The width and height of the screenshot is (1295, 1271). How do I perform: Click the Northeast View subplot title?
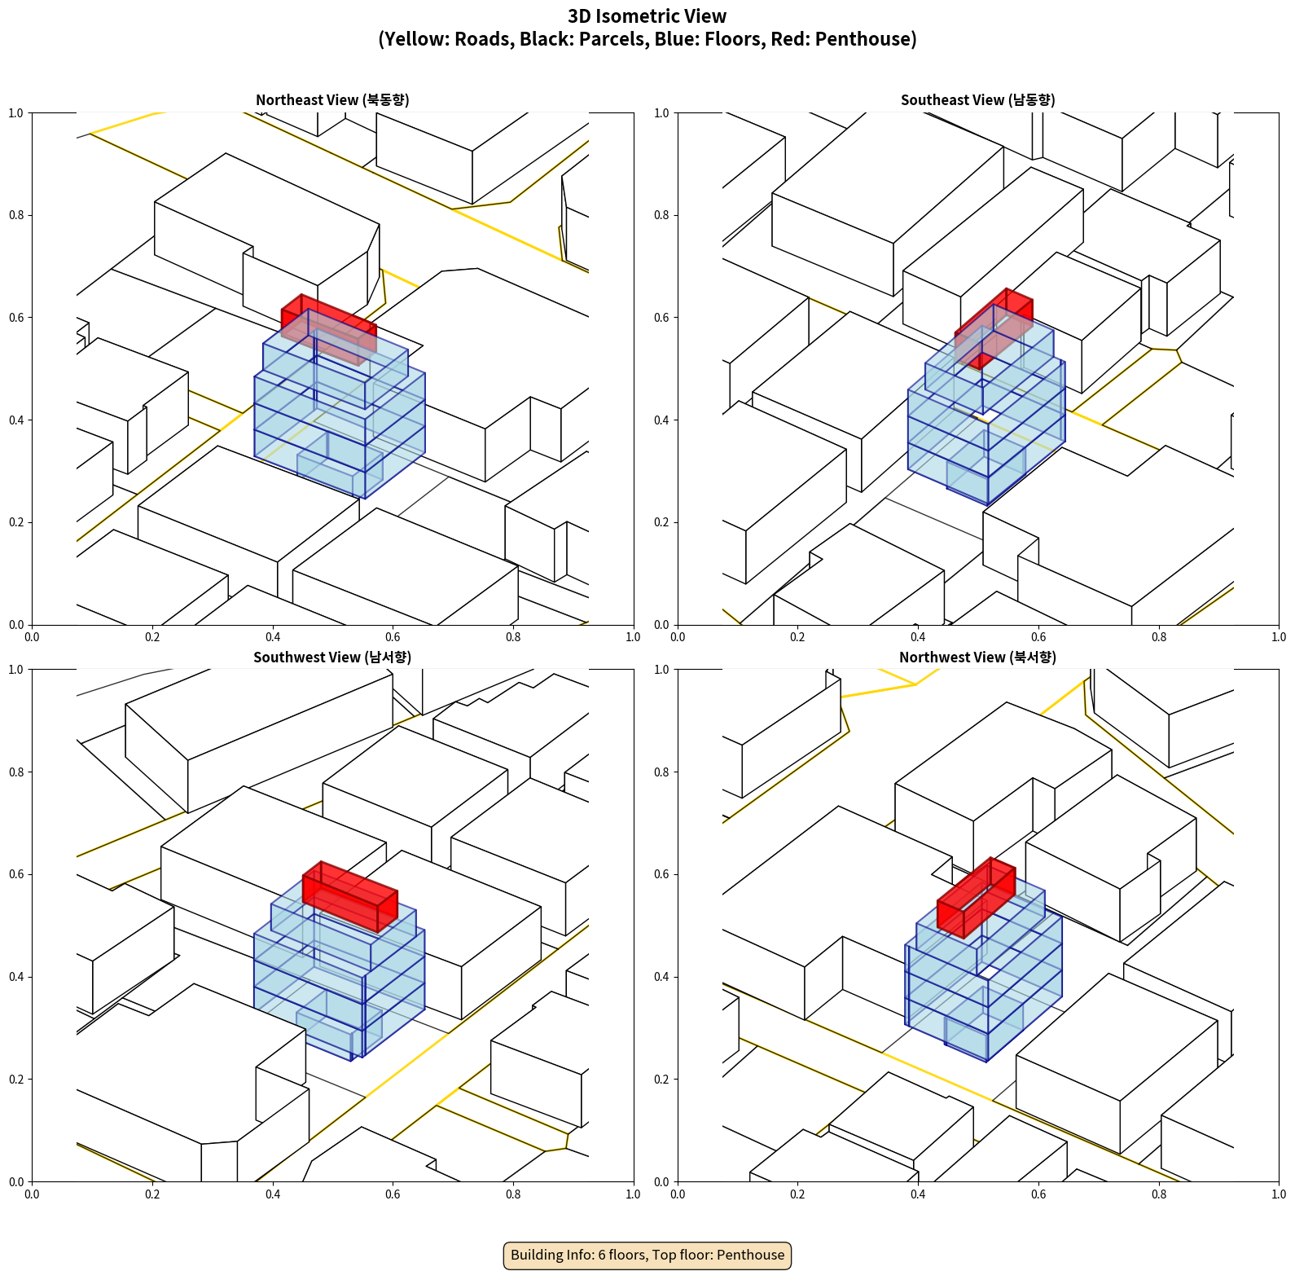tap(332, 100)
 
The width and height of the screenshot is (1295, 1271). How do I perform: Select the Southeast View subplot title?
tap(977, 100)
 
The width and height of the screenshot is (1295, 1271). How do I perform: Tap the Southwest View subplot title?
tap(332, 657)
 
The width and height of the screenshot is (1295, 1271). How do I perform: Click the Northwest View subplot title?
tap(977, 657)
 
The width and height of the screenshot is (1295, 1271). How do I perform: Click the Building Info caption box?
tap(647, 1255)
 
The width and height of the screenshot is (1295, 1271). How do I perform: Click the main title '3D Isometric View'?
tap(647, 16)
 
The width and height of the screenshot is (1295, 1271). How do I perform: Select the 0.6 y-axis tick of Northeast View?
tap(16, 318)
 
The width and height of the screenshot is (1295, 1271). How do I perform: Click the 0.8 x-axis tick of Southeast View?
tap(1159, 637)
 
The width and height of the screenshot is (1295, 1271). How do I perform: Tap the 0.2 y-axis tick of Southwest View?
tap(16, 1080)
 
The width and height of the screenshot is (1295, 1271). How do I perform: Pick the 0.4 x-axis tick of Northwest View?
tap(918, 1194)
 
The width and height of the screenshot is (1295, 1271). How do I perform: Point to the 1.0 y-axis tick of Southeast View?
tap(661, 113)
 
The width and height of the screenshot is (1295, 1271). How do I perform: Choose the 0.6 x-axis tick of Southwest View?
tap(393, 1194)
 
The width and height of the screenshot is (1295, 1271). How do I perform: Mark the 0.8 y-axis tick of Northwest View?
tap(661, 772)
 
